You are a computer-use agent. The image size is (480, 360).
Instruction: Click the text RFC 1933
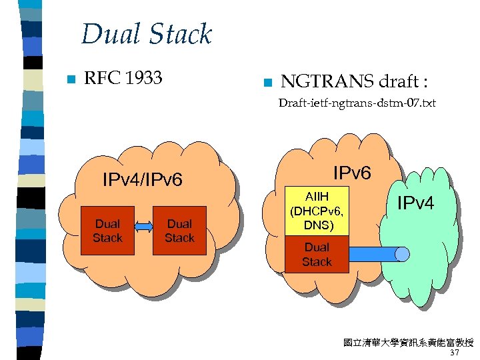(123, 78)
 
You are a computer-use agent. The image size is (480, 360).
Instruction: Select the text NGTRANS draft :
(354, 82)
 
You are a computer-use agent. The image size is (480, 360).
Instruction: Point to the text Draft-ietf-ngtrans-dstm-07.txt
(357, 103)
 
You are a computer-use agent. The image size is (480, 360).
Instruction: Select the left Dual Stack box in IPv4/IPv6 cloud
(107, 231)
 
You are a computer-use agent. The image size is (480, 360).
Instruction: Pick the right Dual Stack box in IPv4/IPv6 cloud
(179, 231)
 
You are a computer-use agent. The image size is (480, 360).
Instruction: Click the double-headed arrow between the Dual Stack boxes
(143, 227)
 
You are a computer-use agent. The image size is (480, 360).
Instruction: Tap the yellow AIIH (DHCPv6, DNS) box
(317, 210)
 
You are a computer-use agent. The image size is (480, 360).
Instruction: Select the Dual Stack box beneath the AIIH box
(317, 254)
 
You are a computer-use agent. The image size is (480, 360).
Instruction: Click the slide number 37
(455, 353)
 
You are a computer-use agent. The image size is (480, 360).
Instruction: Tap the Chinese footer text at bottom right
(407, 343)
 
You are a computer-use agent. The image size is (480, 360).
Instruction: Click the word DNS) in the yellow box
(317, 225)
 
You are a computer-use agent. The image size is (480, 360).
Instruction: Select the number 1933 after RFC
(143, 78)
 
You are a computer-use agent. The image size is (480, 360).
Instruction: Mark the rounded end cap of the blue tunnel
(402, 254)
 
